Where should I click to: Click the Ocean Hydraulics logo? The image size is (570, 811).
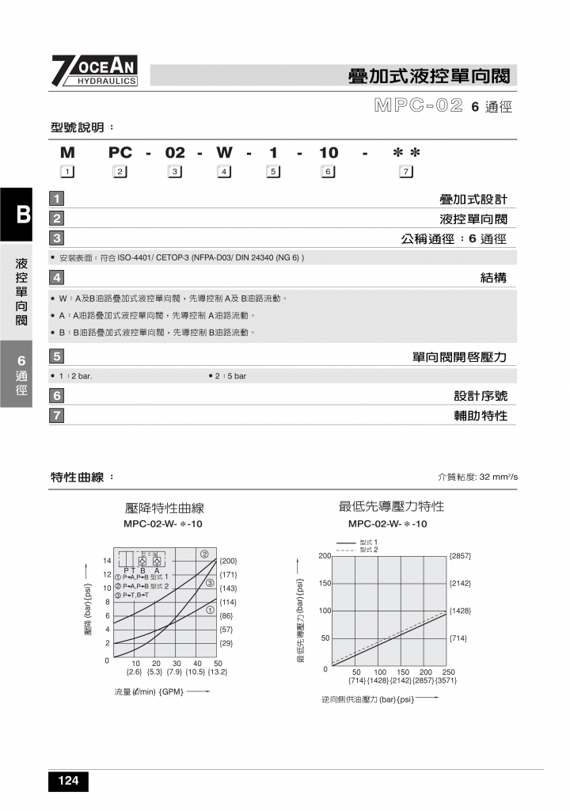(x=95, y=70)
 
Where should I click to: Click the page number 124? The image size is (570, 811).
(x=68, y=782)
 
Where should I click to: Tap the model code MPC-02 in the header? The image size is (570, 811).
(x=418, y=106)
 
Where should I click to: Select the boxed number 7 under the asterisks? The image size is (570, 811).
(x=406, y=171)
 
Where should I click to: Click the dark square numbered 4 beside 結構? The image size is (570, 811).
(x=57, y=277)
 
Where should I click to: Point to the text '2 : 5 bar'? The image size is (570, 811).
(x=228, y=375)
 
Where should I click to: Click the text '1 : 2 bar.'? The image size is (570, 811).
(x=75, y=375)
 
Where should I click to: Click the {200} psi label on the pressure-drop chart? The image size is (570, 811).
(x=228, y=561)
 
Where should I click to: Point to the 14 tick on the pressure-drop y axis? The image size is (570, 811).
(x=107, y=561)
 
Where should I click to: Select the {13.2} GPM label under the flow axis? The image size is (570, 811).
(x=217, y=672)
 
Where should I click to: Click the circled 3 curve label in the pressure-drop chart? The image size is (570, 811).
(x=211, y=583)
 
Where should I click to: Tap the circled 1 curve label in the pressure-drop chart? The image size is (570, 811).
(x=211, y=610)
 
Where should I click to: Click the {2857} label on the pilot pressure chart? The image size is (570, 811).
(x=460, y=556)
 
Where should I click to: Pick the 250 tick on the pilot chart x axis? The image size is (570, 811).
(x=448, y=672)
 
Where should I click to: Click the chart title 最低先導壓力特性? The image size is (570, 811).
(x=391, y=506)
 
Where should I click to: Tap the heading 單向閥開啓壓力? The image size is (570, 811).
(x=459, y=357)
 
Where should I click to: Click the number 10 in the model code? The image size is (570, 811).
(x=329, y=153)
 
